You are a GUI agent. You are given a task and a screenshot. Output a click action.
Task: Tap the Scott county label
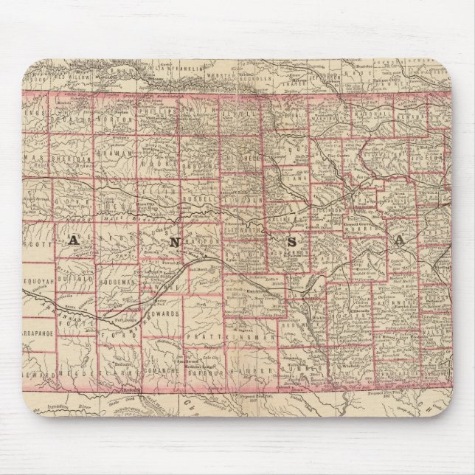click(37, 238)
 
